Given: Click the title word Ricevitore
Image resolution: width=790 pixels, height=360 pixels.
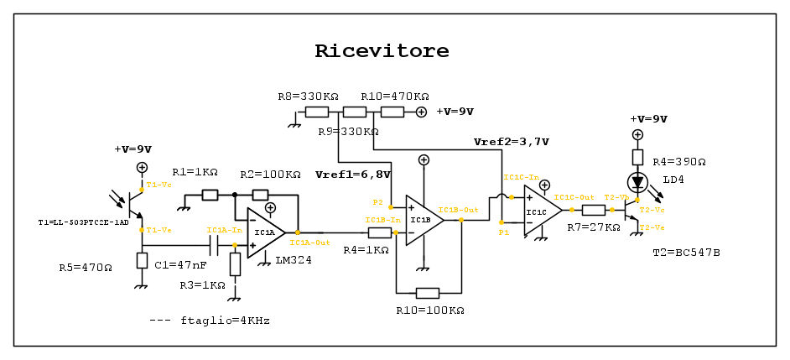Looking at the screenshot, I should (382, 51).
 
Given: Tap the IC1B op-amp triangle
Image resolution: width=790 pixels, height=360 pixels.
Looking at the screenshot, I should (423, 221).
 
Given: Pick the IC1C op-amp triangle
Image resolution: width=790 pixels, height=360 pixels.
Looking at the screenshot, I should (542, 211).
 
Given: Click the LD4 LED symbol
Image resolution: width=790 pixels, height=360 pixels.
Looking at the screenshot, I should (637, 181).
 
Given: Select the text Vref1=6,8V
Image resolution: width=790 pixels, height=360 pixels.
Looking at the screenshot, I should (352, 175).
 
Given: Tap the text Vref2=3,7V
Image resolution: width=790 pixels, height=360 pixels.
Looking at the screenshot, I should (511, 142).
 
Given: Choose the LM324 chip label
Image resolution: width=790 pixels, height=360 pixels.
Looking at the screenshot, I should (293, 260).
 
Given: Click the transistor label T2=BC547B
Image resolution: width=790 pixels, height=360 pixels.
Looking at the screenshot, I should (686, 253).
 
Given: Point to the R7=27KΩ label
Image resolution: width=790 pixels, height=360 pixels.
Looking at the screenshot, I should (593, 227).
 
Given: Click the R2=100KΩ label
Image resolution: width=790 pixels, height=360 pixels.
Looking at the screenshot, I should (270, 175).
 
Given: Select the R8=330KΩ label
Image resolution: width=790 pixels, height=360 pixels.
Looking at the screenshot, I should (308, 97).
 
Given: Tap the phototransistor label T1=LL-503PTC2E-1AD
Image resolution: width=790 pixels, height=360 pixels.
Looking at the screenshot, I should (83, 222).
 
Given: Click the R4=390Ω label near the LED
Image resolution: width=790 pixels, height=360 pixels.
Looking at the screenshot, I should (679, 162).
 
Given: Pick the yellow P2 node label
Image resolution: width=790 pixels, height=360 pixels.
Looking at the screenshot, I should (378, 202).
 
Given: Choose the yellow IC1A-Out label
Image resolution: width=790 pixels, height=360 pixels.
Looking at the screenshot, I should (309, 242).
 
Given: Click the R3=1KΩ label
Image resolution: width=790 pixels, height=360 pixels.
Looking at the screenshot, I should (202, 285).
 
